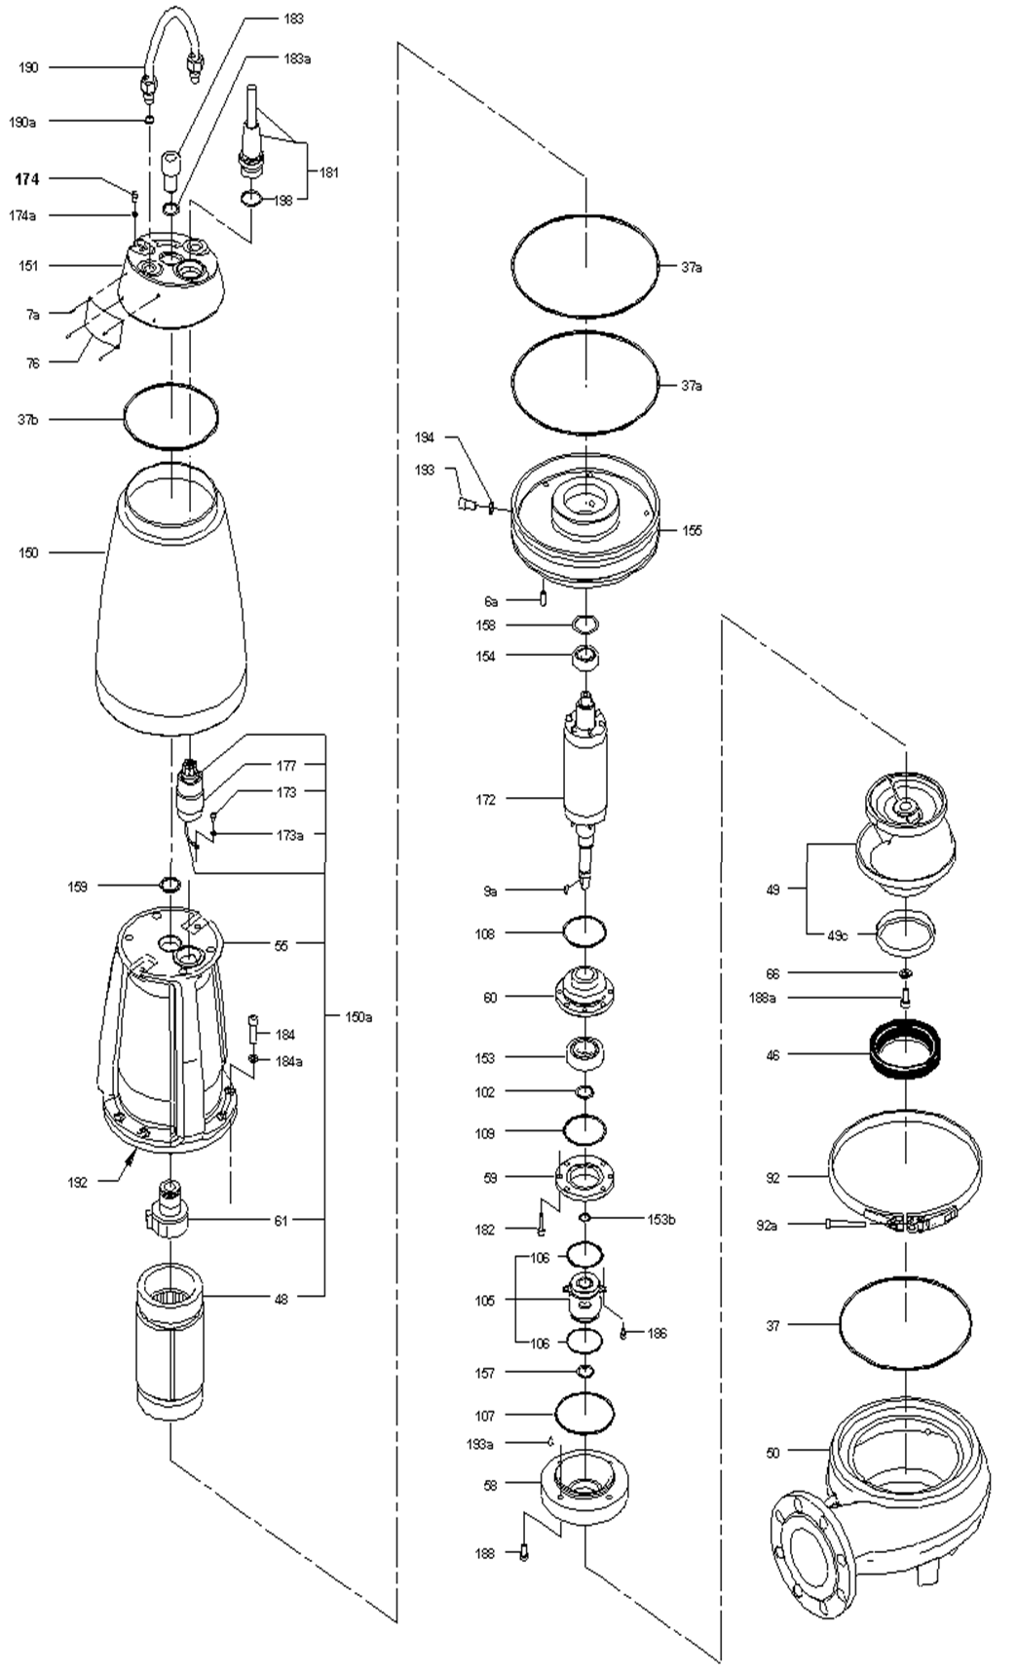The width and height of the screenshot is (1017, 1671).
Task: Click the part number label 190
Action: tap(28, 67)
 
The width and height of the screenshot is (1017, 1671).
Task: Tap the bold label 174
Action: tap(26, 179)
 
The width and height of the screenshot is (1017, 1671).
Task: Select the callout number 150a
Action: tap(358, 1017)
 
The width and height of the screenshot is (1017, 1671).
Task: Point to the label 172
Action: tap(485, 800)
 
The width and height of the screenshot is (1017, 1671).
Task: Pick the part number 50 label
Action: tap(772, 1454)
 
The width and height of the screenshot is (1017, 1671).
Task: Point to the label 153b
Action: tap(661, 1219)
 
